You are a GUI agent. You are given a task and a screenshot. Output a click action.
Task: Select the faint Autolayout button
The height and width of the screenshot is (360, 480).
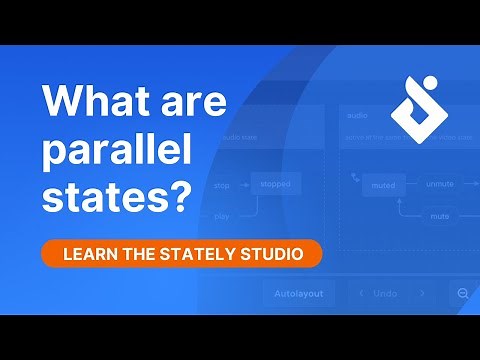coord(298,294)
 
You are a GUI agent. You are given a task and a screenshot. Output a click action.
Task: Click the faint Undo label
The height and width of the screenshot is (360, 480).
coord(386,294)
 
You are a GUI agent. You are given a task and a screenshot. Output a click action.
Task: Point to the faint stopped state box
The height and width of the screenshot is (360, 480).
coord(276,185)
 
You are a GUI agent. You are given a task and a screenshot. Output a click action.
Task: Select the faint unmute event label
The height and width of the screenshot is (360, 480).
coord(439,185)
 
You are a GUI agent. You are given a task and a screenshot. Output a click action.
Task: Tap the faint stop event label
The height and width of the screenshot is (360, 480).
coord(222,185)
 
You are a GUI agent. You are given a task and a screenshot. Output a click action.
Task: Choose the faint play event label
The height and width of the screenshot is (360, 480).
coord(222,215)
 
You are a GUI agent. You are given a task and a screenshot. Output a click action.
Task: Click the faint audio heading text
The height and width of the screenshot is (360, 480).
coord(354,114)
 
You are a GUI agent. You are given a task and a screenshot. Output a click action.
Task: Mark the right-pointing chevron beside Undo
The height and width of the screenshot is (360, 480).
coord(422,294)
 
